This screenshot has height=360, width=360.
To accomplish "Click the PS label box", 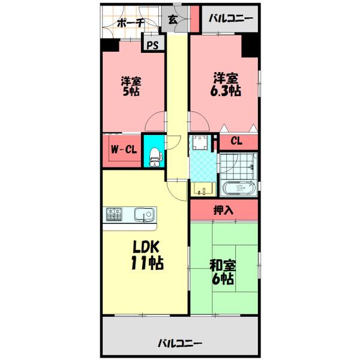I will [152, 45].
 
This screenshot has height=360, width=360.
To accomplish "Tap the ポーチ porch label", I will [130, 23].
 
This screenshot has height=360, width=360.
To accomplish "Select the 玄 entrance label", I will [172, 20].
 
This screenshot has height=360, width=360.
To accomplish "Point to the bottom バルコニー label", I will [180, 343].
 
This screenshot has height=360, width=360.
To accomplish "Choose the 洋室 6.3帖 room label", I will [224, 84].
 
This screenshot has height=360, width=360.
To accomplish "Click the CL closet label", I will [236, 142].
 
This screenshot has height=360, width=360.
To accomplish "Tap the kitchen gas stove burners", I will [115, 212].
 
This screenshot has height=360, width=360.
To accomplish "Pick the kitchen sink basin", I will [144, 214].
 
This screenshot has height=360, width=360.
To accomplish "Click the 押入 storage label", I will [224, 210].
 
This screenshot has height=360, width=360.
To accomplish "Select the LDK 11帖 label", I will [145, 254].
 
